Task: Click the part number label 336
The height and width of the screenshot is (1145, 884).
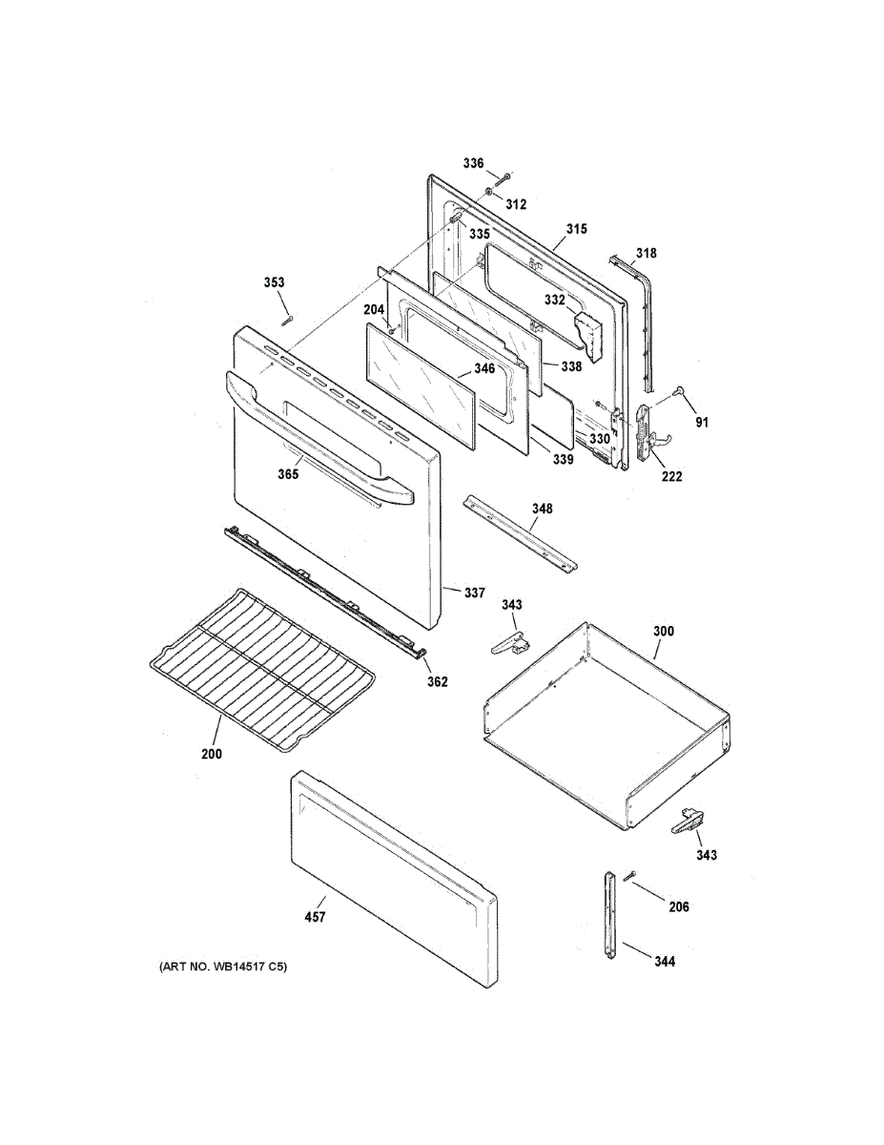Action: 474,163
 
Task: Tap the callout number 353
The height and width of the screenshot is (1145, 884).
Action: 275,282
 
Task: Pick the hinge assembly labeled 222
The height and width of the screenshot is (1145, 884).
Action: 649,433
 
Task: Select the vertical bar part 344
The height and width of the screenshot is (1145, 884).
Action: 609,917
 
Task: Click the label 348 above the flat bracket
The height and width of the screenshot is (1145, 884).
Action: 542,509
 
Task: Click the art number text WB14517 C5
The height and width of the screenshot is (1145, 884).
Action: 222,968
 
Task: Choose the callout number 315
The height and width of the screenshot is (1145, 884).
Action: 576,229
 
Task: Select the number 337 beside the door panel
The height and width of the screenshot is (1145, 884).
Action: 475,593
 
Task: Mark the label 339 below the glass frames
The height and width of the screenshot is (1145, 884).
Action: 563,460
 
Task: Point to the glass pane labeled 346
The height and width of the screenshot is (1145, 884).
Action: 420,382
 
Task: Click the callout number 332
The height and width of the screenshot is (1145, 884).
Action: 555,301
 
